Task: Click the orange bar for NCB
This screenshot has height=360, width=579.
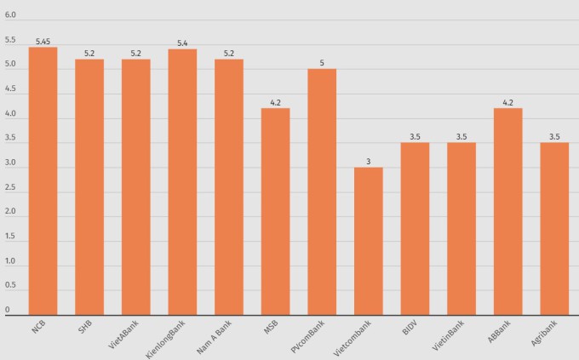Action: [43, 180]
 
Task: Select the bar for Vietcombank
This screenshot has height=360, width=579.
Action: [369, 241]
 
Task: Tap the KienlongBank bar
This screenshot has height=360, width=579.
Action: [182, 181]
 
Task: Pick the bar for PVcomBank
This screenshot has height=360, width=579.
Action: [322, 191]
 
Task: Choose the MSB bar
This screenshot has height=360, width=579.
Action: [275, 211]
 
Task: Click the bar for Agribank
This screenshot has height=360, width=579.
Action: [554, 228]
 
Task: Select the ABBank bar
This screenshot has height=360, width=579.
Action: [508, 211]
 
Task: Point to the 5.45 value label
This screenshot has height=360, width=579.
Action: [43, 41]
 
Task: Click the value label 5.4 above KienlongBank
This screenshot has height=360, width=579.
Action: [182, 43]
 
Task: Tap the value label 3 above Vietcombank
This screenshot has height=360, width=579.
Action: [369, 161]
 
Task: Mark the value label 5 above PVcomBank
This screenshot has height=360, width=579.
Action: [322, 62]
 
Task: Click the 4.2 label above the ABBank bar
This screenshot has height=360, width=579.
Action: [508, 102]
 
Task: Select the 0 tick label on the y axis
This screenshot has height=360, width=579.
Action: [7, 310]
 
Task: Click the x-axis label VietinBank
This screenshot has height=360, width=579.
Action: [450, 335]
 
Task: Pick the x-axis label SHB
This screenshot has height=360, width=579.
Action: [84, 328]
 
